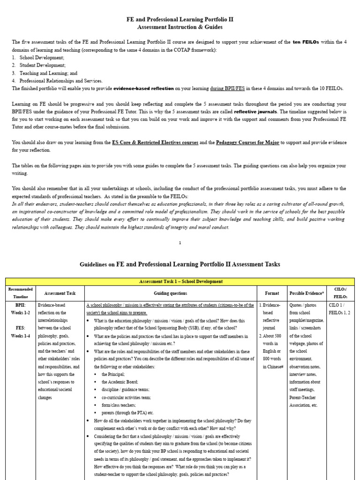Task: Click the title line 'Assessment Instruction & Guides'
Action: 180,28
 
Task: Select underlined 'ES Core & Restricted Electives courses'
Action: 155,142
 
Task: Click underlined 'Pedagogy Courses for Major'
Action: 247,142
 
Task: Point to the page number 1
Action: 180,243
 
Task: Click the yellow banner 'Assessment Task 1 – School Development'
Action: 180,281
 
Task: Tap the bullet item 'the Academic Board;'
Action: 119,382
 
